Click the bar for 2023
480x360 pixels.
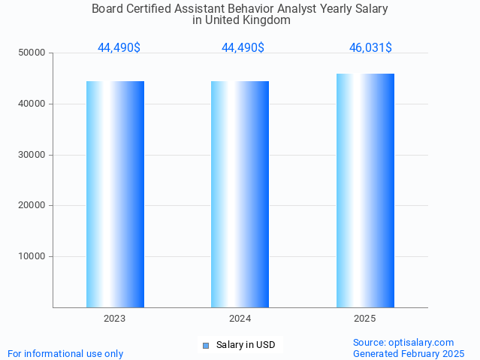tap(115, 194)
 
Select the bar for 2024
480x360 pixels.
tap(240, 194)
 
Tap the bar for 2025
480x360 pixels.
tap(365, 190)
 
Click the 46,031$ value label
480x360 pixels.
tap(370, 48)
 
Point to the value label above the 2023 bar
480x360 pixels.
tap(119, 48)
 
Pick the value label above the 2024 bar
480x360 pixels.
tap(243, 48)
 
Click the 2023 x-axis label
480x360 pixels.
tap(115, 319)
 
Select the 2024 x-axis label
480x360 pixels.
tap(240, 319)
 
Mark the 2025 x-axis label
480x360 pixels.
tap(365, 319)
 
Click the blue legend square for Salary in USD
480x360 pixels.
tap(205, 346)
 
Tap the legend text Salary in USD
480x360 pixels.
tap(246, 346)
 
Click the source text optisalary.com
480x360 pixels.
tap(403, 343)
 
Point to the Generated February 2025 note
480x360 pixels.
tap(409, 354)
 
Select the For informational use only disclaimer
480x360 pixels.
tap(65, 354)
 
